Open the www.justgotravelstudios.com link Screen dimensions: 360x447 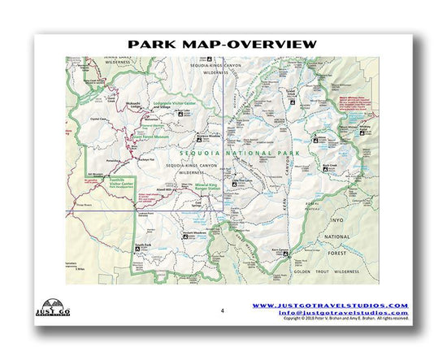pyautogui.click(x=329, y=306)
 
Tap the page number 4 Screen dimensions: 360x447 pyautogui.click(x=221, y=310)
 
